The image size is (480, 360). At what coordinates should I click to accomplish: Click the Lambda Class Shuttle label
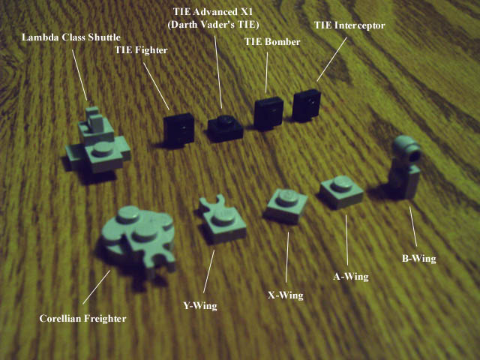pyautogui.click(x=71, y=37)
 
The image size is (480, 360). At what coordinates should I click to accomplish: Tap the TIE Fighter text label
pyautogui.click(x=141, y=50)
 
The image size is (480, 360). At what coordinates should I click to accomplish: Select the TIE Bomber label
pyautogui.click(x=272, y=42)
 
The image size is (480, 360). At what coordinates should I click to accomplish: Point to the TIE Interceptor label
pyautogui.click(x=349, y=25)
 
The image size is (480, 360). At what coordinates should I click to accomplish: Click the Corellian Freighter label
pyautogui.click(x=82, y=319)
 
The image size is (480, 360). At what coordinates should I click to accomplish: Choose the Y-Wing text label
pyautogui.click(x=200, y=306)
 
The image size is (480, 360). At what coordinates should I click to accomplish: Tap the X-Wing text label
pyautogui.click(x=286, y=295)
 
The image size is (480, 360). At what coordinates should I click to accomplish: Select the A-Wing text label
pyautogui.click(x=351, y=277)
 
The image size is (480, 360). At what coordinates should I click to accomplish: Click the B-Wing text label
pyautogui.click(x=418, y=259)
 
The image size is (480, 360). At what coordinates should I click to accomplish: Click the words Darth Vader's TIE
pyautogui.click(x=213, y=25)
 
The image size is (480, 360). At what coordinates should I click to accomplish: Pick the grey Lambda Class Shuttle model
pyautogui.click(x=97, y=144)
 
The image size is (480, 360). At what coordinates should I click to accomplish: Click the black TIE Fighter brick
pyautogui.click(x=178, y=130)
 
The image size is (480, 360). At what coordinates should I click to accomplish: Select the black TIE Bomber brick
pyautogui.click(x=268, y=113)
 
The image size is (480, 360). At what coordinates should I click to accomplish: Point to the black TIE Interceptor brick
pyautogui.click(x=307, y=105)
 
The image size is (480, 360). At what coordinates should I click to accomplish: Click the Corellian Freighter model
pyautogui.click(x=138, y=240)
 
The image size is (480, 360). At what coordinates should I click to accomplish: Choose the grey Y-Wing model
pyautogui.click(x=223, y=220)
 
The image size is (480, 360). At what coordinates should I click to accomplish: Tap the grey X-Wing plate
pyautogui.click(x=286, y=205)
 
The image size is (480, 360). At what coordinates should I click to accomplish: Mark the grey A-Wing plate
pyautogui.click(x=341, y=191)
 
